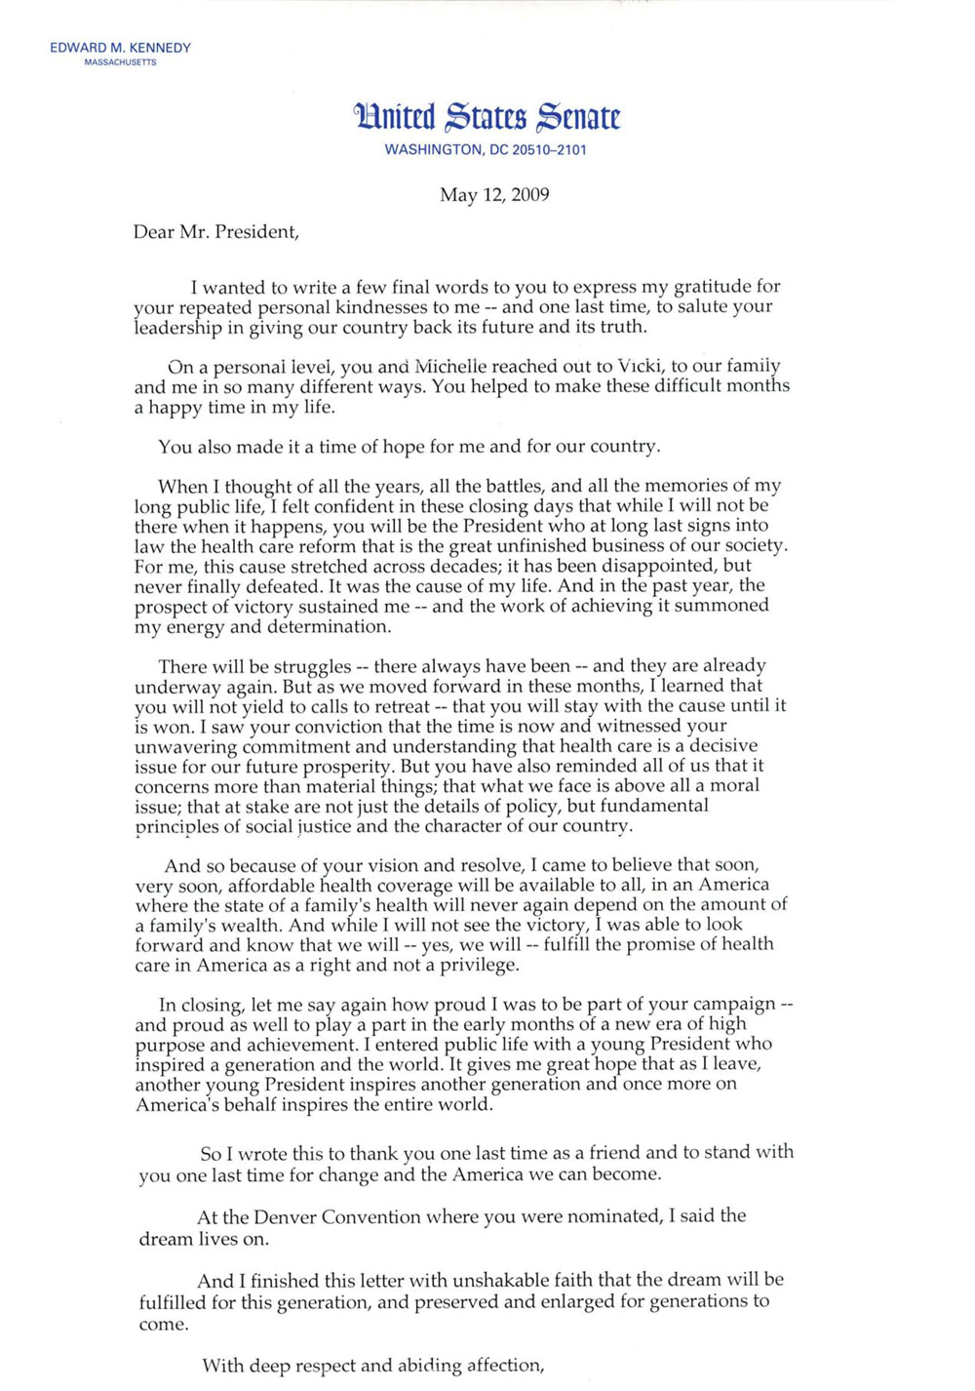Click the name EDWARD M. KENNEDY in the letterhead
coord(120,48)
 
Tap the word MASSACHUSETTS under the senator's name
coord(120,62)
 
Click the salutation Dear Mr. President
coord(215,232)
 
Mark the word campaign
coord(728,1004)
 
